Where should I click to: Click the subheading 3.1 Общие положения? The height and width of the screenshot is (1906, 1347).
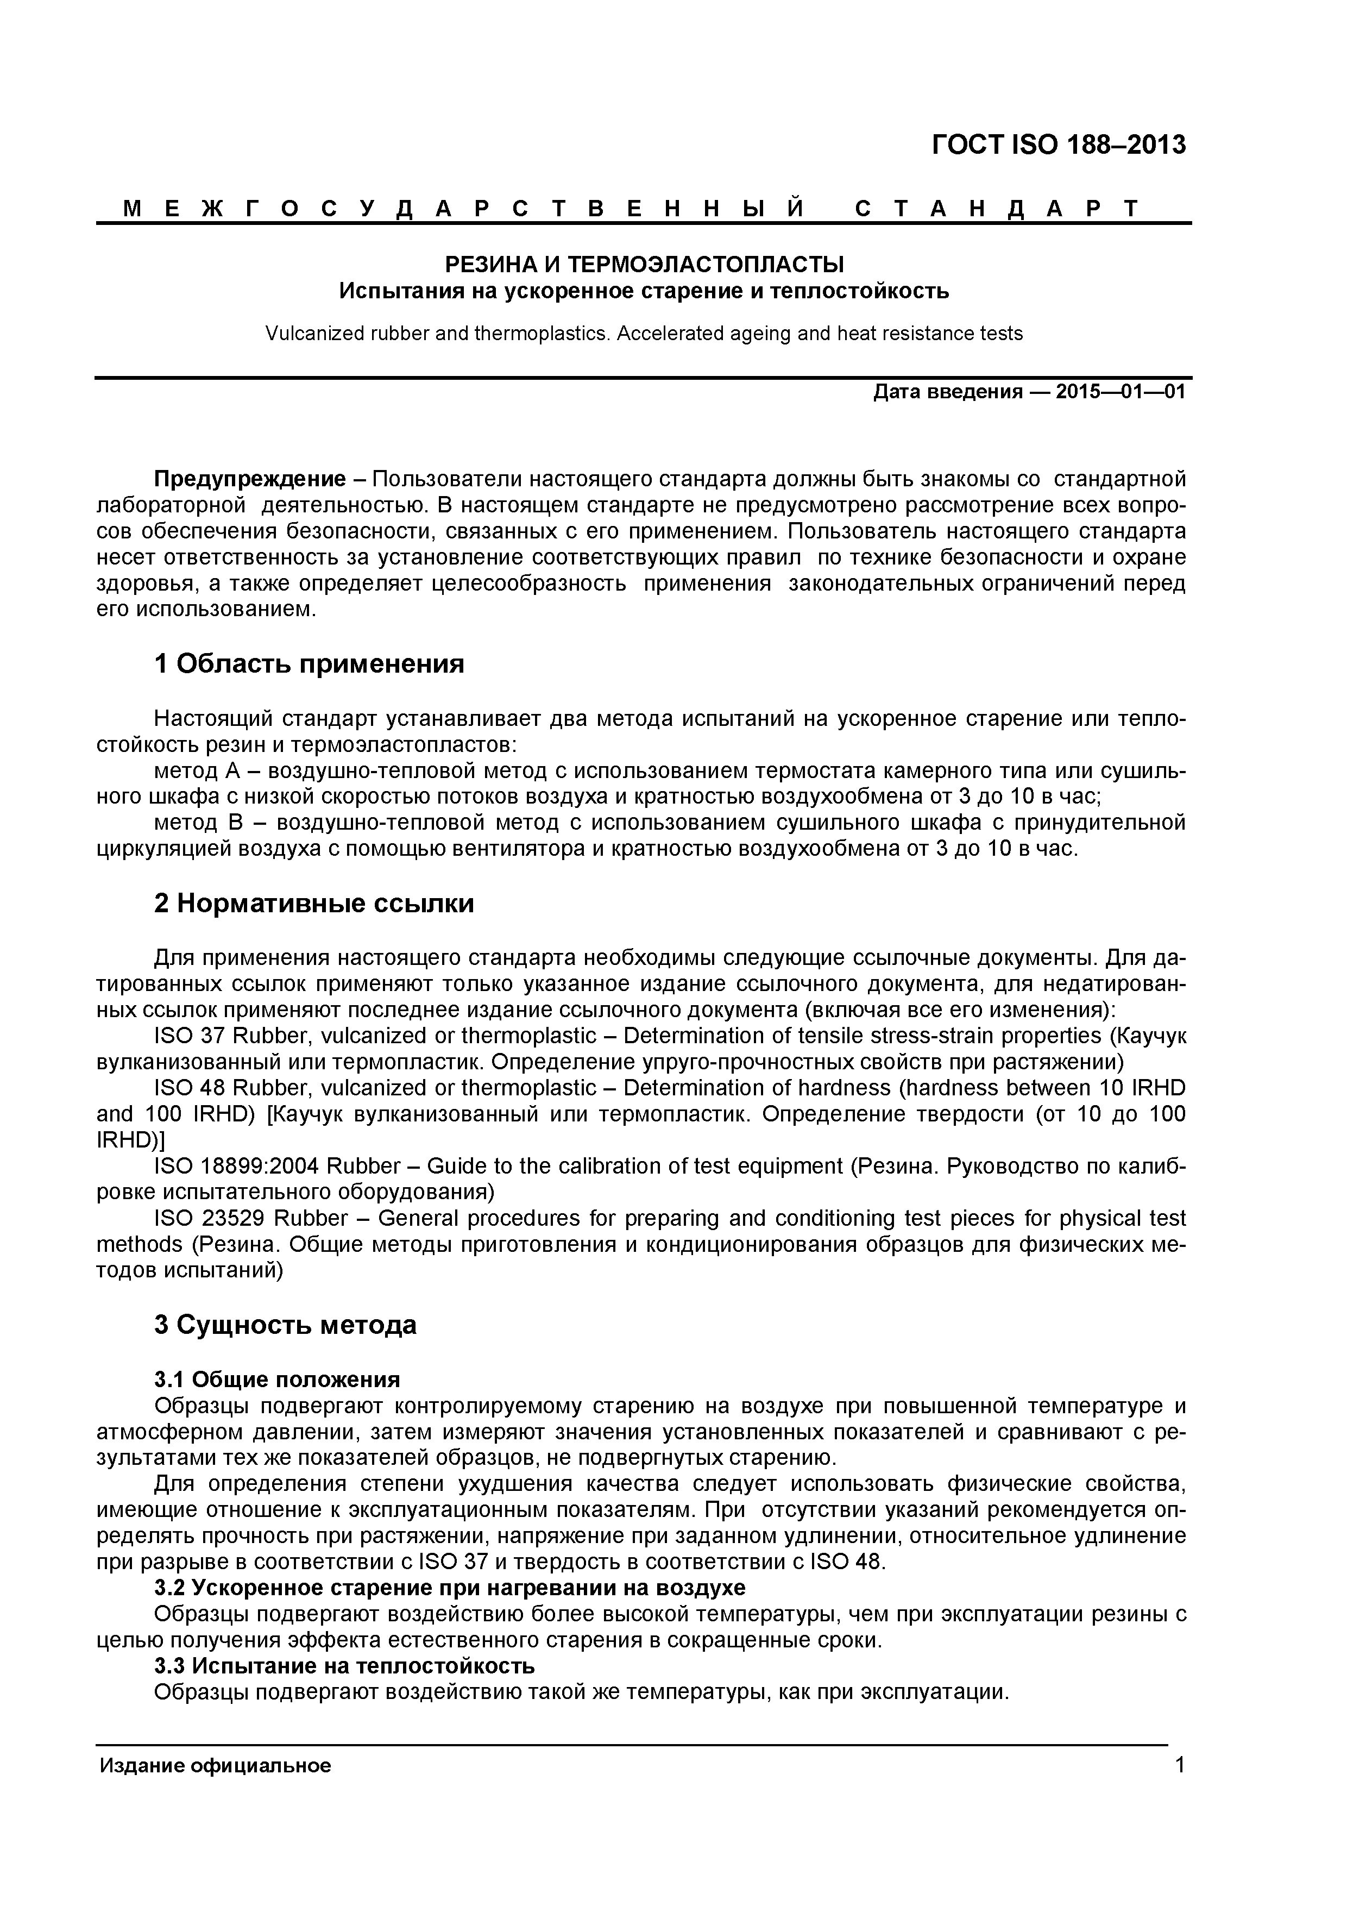pyautogui.click(x=277, y=1380)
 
